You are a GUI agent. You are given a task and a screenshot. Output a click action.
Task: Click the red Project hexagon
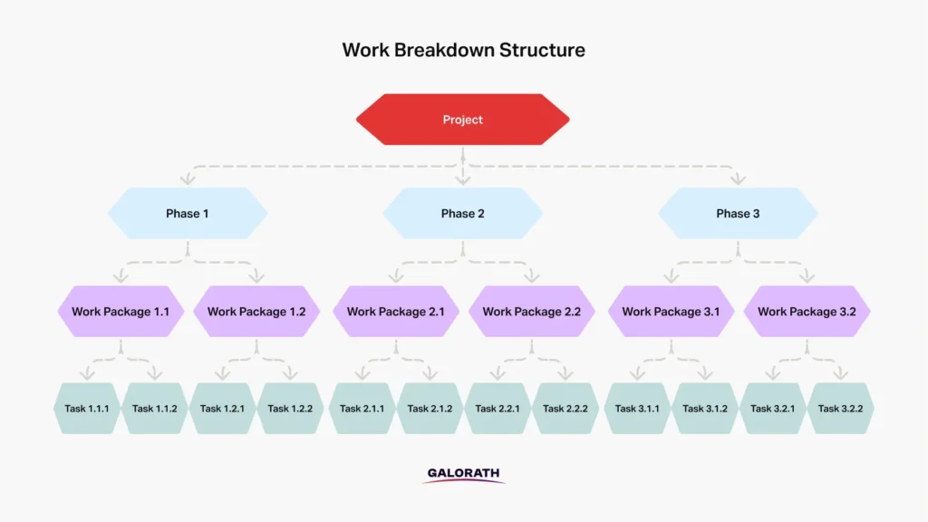click(x=463, y=120)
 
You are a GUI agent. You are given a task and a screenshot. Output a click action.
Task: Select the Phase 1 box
click(x=188, y=214)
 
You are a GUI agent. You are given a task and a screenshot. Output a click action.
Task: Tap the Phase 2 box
click(x=463, y=214)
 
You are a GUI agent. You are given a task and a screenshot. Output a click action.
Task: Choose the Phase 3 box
click(x=738, y=214)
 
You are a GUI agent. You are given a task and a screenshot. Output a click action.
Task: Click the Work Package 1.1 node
click(x=121, y=312)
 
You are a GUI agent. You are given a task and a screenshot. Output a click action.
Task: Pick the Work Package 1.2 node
click(x=256, y=312)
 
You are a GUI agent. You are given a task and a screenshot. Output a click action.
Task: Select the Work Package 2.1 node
click(x=396, y=312)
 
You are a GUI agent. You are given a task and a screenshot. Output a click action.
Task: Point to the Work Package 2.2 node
click(x=531, y=312)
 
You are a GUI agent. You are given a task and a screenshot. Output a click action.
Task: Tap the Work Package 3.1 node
click(x=672, y=312)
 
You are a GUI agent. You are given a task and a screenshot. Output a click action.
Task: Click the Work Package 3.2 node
click(x=807, y=312)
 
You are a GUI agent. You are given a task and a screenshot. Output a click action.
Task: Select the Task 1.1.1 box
click(x=87, y=409)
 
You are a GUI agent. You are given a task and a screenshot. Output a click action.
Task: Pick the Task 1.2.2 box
click(x=290, y=409)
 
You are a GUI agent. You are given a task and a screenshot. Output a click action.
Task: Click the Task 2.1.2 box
click(x=430, y=409)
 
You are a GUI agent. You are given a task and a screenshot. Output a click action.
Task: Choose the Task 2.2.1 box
click(x=498, y=409)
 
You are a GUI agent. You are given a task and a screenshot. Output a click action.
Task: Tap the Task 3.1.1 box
click(x=637, y=409)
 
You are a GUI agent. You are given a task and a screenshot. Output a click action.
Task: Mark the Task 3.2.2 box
click(x=840, y=409)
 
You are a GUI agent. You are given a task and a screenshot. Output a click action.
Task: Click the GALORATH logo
click(x=463, y=475)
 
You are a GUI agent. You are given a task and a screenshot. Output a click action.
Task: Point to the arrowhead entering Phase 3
click(x=738, y=179)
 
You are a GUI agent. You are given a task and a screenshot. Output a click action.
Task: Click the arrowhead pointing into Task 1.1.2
click(x=154, y=372)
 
